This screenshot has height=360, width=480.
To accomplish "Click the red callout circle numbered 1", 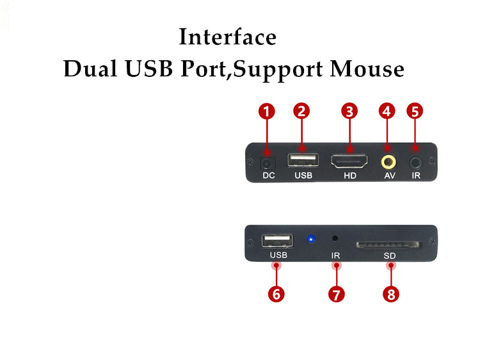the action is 267,111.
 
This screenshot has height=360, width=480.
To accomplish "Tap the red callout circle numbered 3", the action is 349,111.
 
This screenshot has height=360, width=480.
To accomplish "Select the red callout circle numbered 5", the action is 415,111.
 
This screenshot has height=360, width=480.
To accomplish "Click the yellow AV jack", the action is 388,161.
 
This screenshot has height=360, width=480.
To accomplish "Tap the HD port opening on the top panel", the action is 349,161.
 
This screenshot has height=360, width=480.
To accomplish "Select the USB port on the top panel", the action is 303,160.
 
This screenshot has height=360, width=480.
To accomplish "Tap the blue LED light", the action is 311,240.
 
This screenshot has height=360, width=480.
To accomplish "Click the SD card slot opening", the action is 389,244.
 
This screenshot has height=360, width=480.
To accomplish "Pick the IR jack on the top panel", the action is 416,161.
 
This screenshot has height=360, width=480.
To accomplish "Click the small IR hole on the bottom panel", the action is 335,238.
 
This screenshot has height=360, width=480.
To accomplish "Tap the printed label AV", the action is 389,176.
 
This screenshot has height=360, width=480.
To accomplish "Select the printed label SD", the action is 390,256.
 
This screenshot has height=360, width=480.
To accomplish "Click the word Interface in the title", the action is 227,37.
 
